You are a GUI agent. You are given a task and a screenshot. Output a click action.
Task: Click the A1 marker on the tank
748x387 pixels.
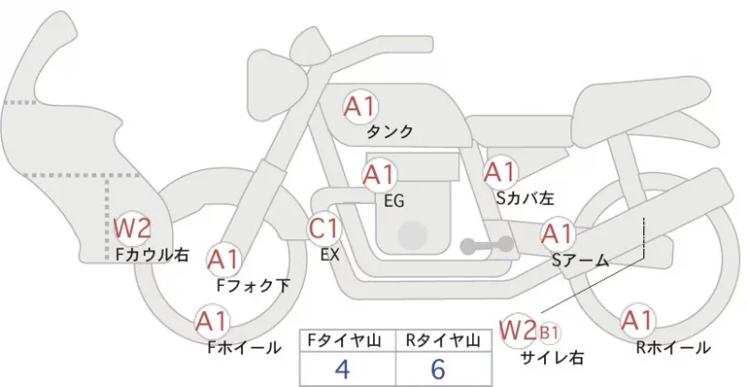click(x=361, y=107)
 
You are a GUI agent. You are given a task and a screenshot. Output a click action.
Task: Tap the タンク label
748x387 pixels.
click(x=389, y=132)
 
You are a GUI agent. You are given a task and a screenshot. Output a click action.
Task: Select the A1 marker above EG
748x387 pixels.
click(x=380, y=175)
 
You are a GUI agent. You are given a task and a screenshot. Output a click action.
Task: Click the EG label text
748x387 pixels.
click(x=394, y=201)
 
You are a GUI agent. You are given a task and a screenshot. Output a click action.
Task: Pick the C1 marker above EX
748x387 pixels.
click(x=324, y=229)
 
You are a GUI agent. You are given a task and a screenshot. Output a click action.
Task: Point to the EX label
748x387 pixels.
click(x=330, y=255)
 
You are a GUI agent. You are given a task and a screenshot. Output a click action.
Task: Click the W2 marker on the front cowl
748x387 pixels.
click(x=132, y=228)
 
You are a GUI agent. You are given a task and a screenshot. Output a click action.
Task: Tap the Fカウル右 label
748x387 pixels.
click(x=152, y=254)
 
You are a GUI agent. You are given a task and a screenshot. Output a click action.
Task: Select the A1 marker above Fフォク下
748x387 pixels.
click(x=223, y=260)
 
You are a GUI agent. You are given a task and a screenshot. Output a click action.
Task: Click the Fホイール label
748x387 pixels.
click(x=244, y=348)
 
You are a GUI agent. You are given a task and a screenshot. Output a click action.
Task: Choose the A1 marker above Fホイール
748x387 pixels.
click(x=212, y=322)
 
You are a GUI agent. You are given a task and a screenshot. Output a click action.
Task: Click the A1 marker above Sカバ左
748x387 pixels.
click(x=500, y=173)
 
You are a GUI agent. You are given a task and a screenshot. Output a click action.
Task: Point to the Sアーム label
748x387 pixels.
click(x=581, y=261)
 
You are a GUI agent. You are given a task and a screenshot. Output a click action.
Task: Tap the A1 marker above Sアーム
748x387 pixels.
click(x=557, y=234)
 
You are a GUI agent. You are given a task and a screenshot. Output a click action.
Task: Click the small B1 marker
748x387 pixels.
click(x=549, y=333)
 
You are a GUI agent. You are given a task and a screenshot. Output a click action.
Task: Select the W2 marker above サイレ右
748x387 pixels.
click(x=519, y=330)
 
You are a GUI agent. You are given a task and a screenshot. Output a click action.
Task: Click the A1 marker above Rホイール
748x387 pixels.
click(x=638, y=321)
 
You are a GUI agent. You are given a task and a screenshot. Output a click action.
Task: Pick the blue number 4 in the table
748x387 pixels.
click(x=342, y=369)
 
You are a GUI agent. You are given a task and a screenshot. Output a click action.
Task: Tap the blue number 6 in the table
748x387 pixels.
click(x=438, y=369)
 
